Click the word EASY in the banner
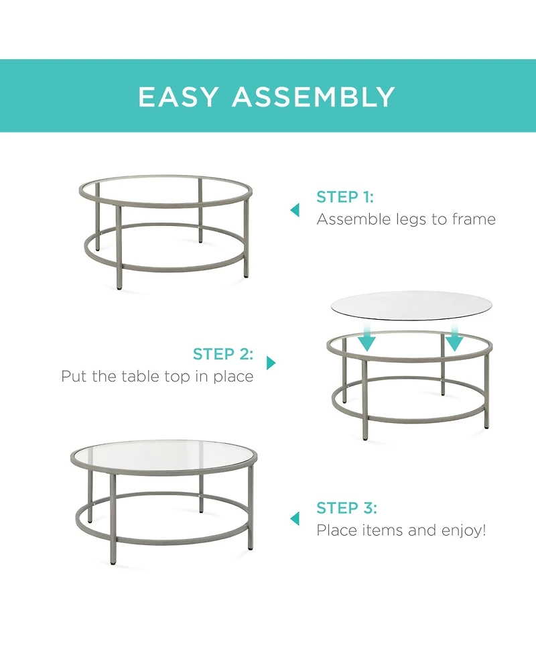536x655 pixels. [x=178, y=97]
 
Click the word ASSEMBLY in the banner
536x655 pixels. [x=314, y=97]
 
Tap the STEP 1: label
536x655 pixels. [x=345, y=196]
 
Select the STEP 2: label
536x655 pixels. [x=223, y=354]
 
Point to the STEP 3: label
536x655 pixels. [x=346, y=508]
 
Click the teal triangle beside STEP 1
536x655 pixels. [x=295, y=210]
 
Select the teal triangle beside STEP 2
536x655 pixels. [x=271, y=363]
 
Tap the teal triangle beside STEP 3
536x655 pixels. [x=295, y=519]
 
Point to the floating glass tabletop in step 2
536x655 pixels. [x=411, y=305]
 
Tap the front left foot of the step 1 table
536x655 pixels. [x=119, y=288]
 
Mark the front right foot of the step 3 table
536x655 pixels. [x=250, y=546]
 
